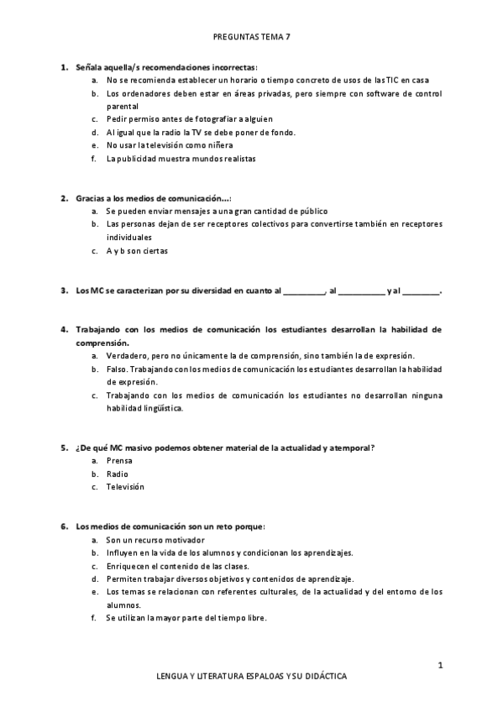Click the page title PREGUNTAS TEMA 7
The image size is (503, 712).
pos(251,38)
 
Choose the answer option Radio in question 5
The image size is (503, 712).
pos(118,474)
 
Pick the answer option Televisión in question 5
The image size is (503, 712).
pos(125,486)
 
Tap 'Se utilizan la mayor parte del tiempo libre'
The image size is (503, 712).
pos(186,618)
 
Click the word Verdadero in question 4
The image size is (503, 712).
pos(128,356)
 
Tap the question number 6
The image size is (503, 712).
pos(64,526)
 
